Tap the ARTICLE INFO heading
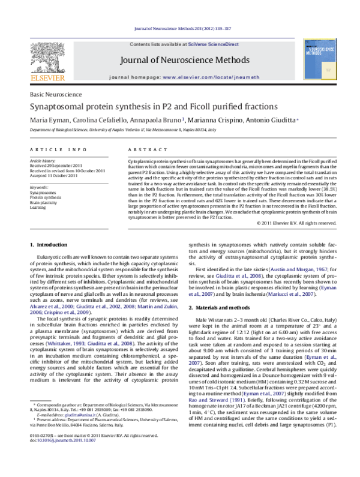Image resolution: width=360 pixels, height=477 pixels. tap(57, 149)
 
